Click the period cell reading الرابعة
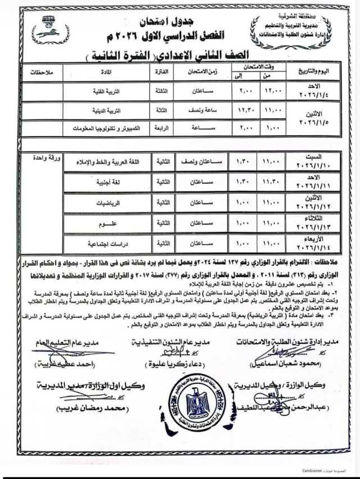pyautogui.click(x=159, y=128)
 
